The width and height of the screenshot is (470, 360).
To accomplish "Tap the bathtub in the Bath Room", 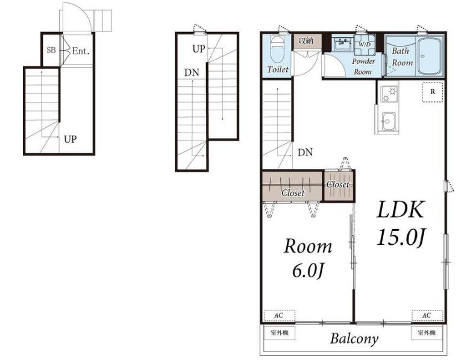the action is click(x=430, y=57).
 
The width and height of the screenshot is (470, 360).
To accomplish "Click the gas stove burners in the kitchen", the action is click(x=389, y=94).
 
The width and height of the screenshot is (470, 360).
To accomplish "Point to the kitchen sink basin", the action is click(x=389, y=121).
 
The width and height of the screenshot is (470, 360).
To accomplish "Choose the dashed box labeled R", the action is click(x=433, y=92).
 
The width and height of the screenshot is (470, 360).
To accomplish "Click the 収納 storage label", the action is click(x=305, y=41).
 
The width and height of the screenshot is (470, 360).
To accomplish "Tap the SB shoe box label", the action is click(x=51, y=50).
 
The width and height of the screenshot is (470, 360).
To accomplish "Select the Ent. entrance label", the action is click(x=81, y=51).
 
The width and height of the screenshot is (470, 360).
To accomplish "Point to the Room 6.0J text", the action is click(x=308, y=258).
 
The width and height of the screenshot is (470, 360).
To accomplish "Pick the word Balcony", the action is click(x=354, y=339).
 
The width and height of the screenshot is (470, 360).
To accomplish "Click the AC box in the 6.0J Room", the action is click(x=279, y=315).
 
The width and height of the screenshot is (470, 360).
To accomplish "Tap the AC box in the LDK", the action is click(x=427, y=315).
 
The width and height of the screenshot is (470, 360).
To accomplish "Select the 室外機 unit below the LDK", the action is click(x=427, y=333).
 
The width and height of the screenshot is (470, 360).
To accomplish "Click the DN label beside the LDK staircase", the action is click(x=305, y=153).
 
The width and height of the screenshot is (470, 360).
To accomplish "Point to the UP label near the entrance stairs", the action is click(x=70, y=139).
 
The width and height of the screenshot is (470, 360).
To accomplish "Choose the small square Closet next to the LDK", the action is click(x=339, y=185).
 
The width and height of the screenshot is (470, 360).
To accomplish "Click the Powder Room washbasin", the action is click(x=343, y=45).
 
